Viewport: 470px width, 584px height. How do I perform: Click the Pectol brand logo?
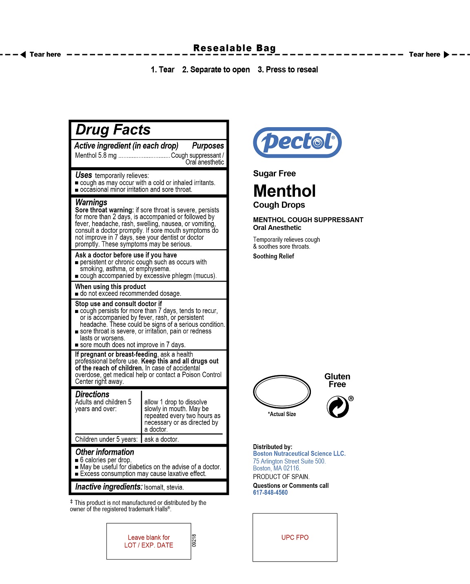[297, 142]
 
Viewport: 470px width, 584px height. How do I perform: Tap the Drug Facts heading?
[113, 130]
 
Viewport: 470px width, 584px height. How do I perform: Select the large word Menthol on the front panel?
[284, 191]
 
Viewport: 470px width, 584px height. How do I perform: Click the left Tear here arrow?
[23, 55]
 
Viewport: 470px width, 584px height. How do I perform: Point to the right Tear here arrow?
[446, 55]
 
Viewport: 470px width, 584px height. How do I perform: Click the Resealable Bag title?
[235, 48]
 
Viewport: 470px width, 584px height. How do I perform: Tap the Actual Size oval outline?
[282, 392]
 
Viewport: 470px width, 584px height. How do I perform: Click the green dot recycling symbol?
[338, 407]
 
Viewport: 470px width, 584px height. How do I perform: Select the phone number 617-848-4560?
[270, 492]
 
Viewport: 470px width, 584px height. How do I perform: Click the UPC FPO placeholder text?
[295, 538]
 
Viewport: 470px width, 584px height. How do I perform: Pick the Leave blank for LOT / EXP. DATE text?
[149, 541]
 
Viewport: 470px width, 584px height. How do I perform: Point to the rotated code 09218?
[194, 540]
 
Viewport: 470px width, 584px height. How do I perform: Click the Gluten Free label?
[337, 380]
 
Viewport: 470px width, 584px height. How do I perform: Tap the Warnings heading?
[91, 202]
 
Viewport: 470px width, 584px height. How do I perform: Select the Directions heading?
[92, 394]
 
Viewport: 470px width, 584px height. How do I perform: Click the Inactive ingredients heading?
[109, 487]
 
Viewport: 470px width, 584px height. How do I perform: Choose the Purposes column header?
[208, 145]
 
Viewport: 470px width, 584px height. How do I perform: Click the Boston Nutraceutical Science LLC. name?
[299, 454]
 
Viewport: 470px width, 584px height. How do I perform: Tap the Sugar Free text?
[274, 174]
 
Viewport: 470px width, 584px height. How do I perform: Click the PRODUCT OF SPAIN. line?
[281, 477]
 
